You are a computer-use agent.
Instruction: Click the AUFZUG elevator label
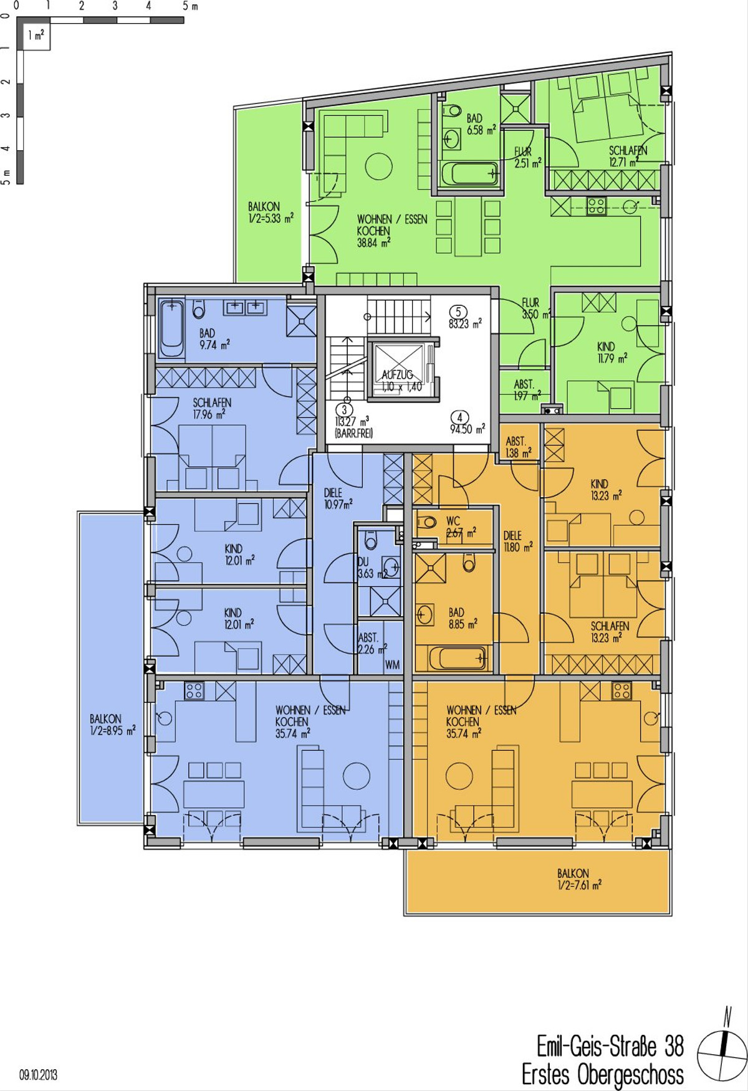[x=397, y=374]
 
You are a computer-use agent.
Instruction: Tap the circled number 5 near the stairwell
[x=458, y=312]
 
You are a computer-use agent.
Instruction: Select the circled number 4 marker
[x=459, y=418]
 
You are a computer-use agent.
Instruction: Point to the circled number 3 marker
[x=344, y=410]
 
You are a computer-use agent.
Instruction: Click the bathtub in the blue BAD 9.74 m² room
[x=171, y=328]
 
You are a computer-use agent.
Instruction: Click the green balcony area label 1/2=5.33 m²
[x=271, y=218]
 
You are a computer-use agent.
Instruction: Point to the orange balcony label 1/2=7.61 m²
[x=579, y=885]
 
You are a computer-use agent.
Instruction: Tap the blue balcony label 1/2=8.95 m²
[x=112, y=730]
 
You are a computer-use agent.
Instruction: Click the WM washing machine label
[x=392, y=665]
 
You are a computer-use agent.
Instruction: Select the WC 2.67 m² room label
[x=460, y=526]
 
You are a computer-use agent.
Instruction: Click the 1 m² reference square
[x=36, y=36]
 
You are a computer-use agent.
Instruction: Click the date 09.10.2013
[x=38, y=1075]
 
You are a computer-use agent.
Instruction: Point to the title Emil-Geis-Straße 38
[x=610, y=1046]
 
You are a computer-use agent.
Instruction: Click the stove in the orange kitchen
[x=621, y=690]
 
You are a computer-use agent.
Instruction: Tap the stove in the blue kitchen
[x=194, y=690]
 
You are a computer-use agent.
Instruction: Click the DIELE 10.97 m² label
[x=338, y=498]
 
